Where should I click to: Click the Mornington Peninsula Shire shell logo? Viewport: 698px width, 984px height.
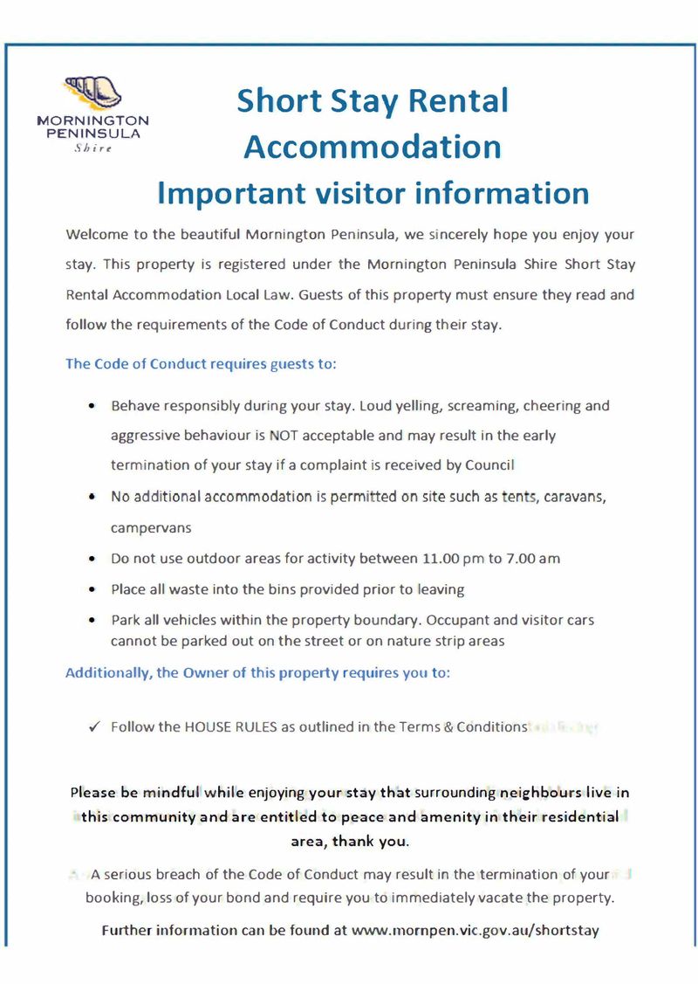point(92,91)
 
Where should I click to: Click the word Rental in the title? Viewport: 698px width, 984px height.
point(459,101)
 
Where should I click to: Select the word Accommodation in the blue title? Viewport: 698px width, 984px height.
point(373,146)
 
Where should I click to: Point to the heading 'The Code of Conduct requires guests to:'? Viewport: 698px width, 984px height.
point(201,364)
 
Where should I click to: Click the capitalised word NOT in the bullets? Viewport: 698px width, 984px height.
point(284,435)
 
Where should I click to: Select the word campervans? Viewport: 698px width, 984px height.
point(151,528)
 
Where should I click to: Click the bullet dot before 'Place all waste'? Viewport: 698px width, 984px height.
point(92,590)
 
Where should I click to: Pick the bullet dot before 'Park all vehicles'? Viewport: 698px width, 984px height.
point(92,621)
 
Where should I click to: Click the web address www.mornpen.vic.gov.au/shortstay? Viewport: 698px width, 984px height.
point(475,930)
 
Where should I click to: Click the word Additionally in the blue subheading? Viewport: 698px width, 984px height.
point(107,674)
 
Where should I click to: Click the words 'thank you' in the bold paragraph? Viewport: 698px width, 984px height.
point(377,842)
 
